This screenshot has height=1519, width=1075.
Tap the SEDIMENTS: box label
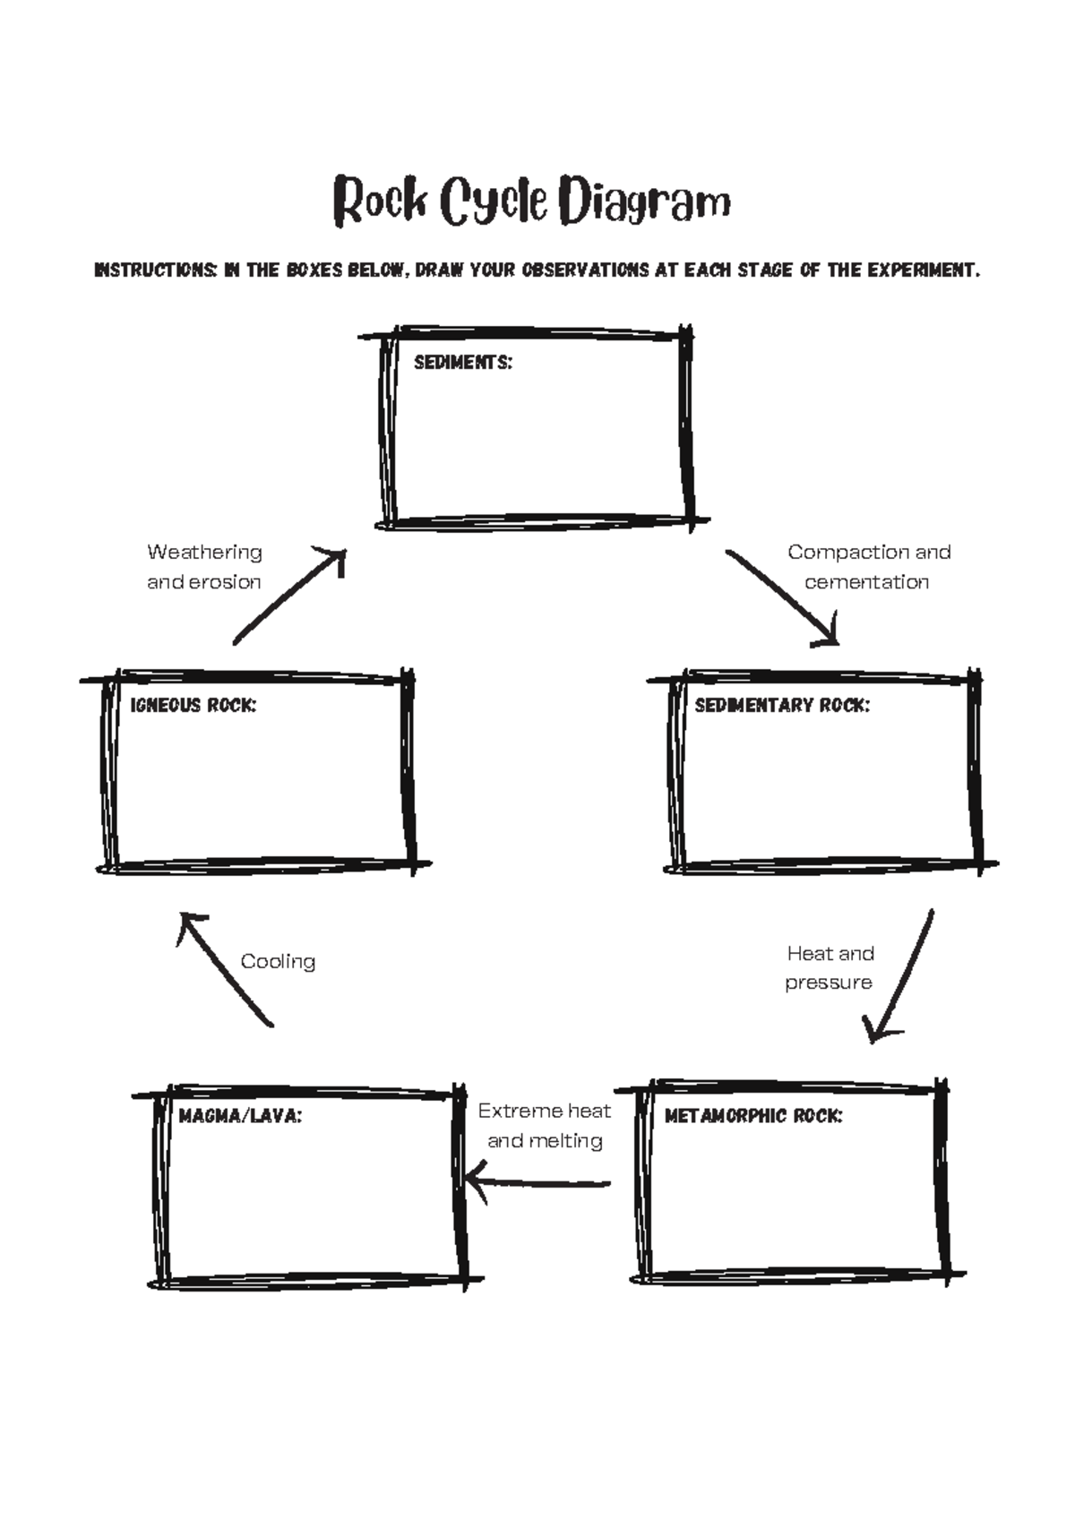pos(463,363)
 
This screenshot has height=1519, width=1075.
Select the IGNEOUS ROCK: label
pos(193,706)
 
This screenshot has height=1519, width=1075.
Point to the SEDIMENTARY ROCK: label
pos(782,706)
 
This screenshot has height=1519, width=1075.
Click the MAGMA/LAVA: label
pos(240,1116)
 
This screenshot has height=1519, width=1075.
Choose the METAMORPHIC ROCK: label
pos(753,1116)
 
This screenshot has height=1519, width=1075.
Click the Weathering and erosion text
pos(204,567)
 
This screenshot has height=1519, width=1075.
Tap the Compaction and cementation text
pos(868,567)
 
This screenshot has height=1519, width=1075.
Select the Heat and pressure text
pos(830,967)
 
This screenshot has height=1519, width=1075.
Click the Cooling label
pos(278,962)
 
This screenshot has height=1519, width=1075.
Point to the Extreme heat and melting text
pos(544,1126)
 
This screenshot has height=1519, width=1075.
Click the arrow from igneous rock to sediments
pos(289,596)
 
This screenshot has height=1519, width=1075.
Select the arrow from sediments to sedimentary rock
pos(782,597)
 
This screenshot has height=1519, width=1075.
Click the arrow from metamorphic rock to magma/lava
pos(537,1183)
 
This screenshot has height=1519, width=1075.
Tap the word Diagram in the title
pos(644,202)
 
